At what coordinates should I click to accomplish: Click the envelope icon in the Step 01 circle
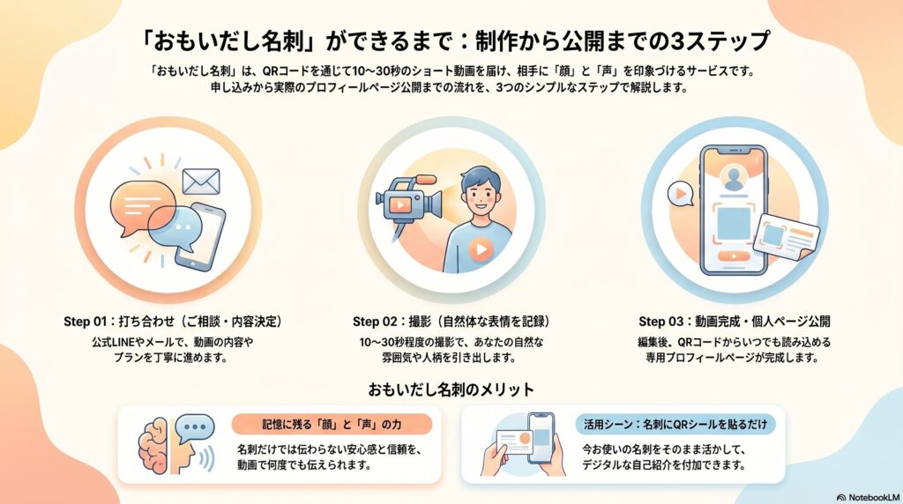click(x=201, y=182)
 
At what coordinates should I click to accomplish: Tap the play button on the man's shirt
click(x=481, y=249)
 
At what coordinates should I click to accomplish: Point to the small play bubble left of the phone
click(x=680, y=194)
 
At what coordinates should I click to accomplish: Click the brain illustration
click(x=153, y=445)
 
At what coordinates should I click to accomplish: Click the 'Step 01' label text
click(x=86, y=322)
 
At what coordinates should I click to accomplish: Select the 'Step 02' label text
click(x=375, y=322)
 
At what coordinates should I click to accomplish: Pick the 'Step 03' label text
click(x=660, y=322)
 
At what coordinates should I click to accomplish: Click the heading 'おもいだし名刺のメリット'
click(x=451, y=390)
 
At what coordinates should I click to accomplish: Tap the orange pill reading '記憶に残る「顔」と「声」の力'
click(x=332, y=425)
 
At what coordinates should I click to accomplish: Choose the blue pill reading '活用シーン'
click(x=675, y=425)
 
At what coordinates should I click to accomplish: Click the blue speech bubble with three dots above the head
click(x=195, y=428)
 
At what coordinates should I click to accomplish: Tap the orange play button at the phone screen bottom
click(x=734, y=256)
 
